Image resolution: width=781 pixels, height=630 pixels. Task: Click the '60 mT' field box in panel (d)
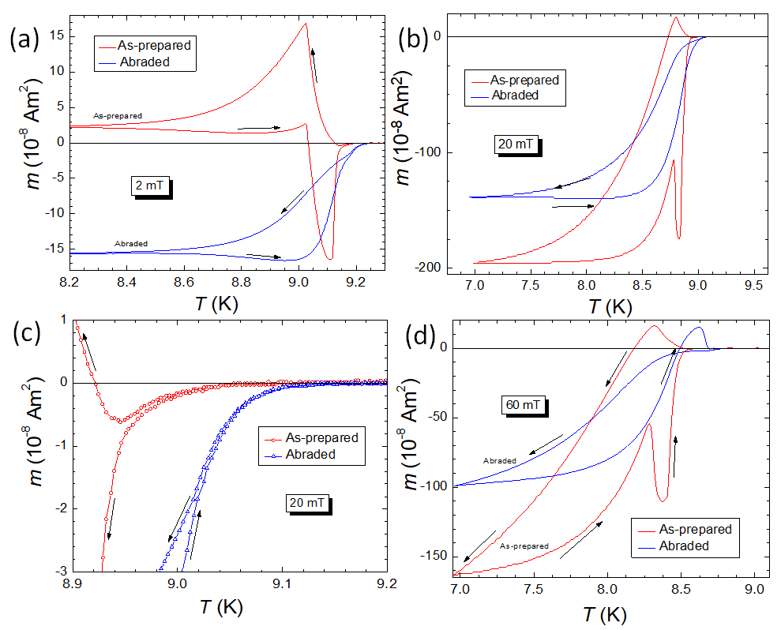pos(523,405)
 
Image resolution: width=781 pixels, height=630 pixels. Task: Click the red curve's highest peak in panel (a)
pos(305,24)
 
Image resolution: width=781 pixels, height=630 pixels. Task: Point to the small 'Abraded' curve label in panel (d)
pos(500,460)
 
